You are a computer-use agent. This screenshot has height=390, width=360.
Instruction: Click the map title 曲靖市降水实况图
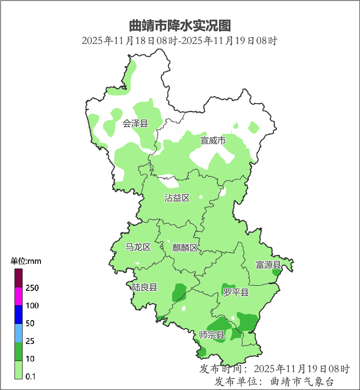tap(180, 26)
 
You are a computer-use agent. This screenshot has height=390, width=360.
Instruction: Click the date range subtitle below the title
tap(180, 41)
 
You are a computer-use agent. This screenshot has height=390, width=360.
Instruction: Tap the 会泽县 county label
tap(135, 124)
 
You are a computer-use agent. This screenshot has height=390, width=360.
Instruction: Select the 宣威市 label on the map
tap(213, 140)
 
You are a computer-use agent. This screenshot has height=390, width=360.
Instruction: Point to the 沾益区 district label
tap(177, 198)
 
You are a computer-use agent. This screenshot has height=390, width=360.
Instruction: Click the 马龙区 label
tap(138, 247)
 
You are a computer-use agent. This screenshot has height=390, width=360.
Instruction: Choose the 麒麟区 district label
tap(185, 248)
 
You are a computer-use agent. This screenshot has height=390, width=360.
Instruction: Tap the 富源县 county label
tap(268, 265)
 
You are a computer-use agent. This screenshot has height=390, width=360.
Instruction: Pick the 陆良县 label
tap(144, 287)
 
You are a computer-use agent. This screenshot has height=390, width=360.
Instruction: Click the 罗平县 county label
tap(236, 292)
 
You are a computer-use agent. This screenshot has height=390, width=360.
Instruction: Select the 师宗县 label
tap(212, 335)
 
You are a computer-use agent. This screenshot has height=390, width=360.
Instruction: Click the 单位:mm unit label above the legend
tap(26, 261)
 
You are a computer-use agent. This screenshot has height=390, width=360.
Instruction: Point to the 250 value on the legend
tap(32, 288)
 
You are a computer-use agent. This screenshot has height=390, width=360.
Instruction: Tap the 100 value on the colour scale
tap(32, 306)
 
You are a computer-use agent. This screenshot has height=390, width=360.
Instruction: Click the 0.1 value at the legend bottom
tap(30, 376)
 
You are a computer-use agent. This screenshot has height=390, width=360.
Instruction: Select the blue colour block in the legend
tap(19, 315)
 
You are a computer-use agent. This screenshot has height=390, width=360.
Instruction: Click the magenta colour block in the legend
tap(19, 297)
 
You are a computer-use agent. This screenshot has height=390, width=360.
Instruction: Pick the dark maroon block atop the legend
tap(19, 278)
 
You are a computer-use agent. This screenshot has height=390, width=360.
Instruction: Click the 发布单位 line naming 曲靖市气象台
tap(274, 381)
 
